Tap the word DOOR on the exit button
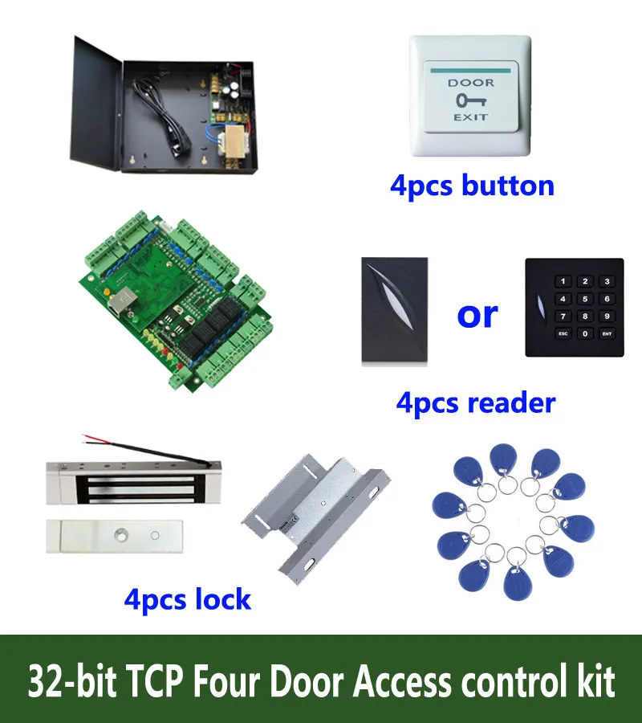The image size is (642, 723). [x=470, y=83]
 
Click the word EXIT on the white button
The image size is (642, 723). [x=470, y=118]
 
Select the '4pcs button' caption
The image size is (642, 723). [x=472, y=186]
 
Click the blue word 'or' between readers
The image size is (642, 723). [x=477, y=314]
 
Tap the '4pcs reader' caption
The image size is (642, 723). [x=475, y=402]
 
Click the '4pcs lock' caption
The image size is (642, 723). [x=188, y=598]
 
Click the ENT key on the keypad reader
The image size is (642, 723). [x=607, y=333]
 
